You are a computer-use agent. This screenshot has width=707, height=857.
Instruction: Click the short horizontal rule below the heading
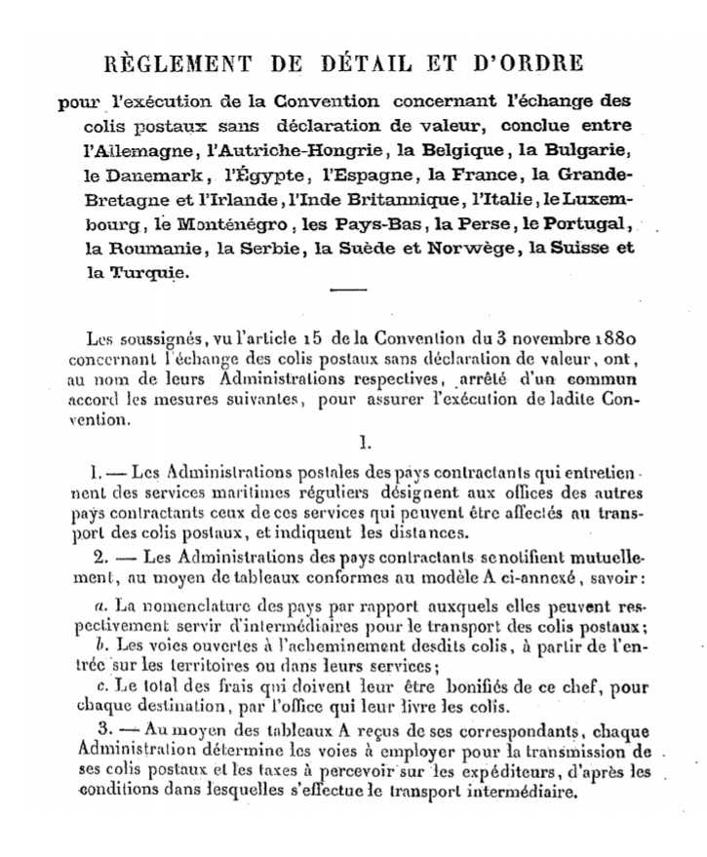[x=348, y=290]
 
